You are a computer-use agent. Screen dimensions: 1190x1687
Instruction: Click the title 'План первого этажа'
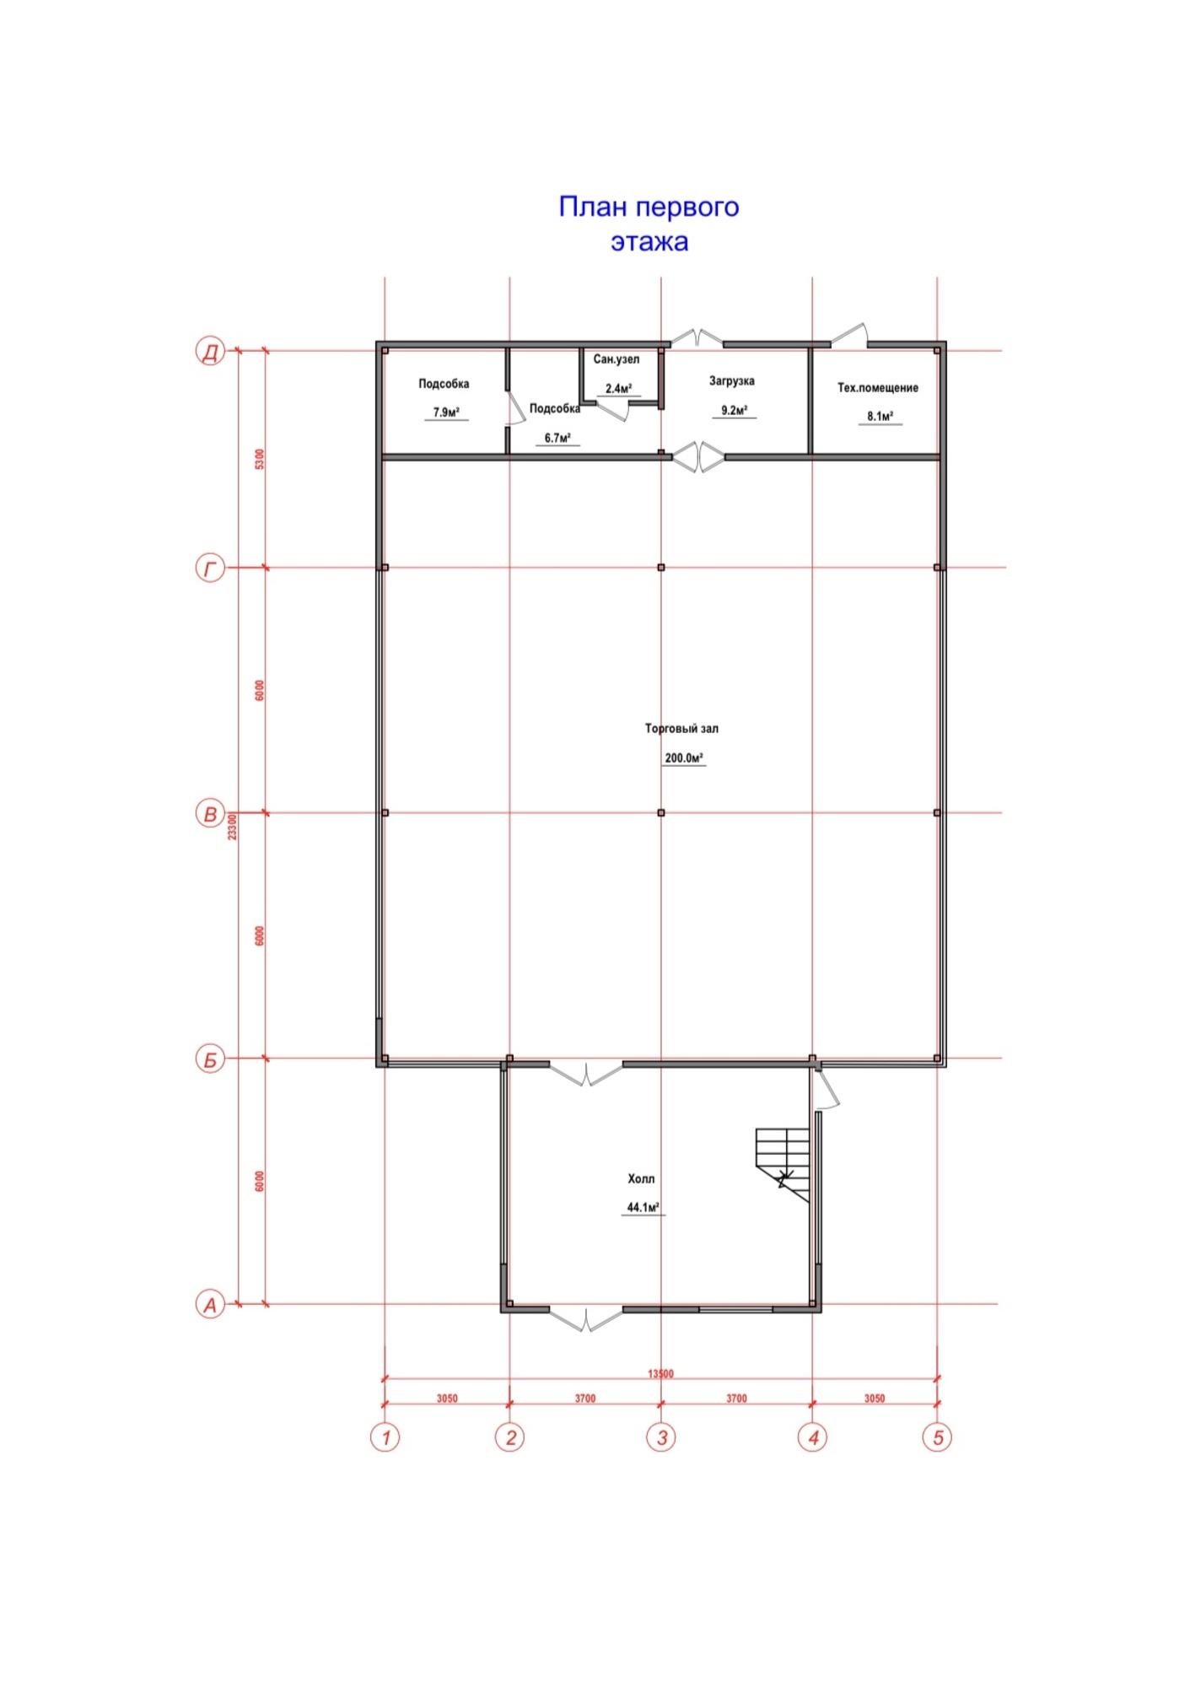click(649, 224)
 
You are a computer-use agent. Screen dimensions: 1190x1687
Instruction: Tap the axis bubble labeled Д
click(210, 351)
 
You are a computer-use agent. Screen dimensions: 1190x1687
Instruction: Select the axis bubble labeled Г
click(210, 569)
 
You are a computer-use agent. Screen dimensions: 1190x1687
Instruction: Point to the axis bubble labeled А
click(210, 1305)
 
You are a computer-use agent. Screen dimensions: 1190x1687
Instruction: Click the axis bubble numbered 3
click(661, 1436)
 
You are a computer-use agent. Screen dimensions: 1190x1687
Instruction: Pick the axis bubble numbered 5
click(938, 1436)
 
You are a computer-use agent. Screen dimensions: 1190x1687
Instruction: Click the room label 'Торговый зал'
click(681, 728)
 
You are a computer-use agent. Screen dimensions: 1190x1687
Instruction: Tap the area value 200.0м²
click(684, 757)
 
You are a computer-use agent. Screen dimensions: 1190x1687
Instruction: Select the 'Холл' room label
click(641, 1178)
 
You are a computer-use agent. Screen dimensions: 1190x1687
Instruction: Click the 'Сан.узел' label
click(617, 359)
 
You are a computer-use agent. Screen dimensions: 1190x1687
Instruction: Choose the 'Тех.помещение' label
click(878, 388)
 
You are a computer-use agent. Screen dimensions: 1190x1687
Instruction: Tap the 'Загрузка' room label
click(732, 381)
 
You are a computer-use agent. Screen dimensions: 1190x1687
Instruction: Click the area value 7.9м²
click(446, 412)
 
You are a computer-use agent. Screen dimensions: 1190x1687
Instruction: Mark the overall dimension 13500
click(660, 1373)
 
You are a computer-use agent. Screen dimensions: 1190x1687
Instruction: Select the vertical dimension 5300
click(260, 459)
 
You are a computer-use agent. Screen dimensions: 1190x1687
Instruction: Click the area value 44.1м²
click(643, 1207)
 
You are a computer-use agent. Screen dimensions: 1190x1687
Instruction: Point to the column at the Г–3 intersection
click(661, 568)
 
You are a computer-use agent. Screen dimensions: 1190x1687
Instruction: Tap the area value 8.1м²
click(880, 416)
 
